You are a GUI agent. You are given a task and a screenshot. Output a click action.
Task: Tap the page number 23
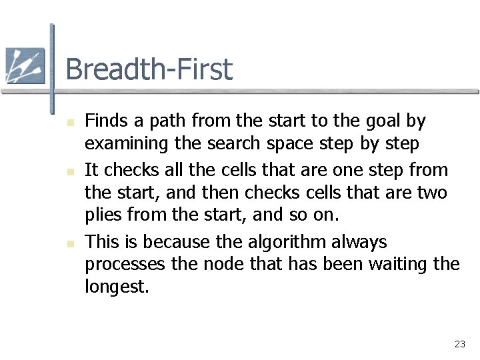click(459, 344)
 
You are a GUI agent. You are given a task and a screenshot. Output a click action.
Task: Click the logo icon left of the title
click(25, 65)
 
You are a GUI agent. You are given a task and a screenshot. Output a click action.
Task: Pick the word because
click(175, 241)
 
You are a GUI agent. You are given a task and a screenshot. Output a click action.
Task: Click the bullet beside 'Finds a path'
click(70, 122)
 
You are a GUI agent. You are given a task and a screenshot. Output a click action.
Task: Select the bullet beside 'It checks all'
click(70, 171)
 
